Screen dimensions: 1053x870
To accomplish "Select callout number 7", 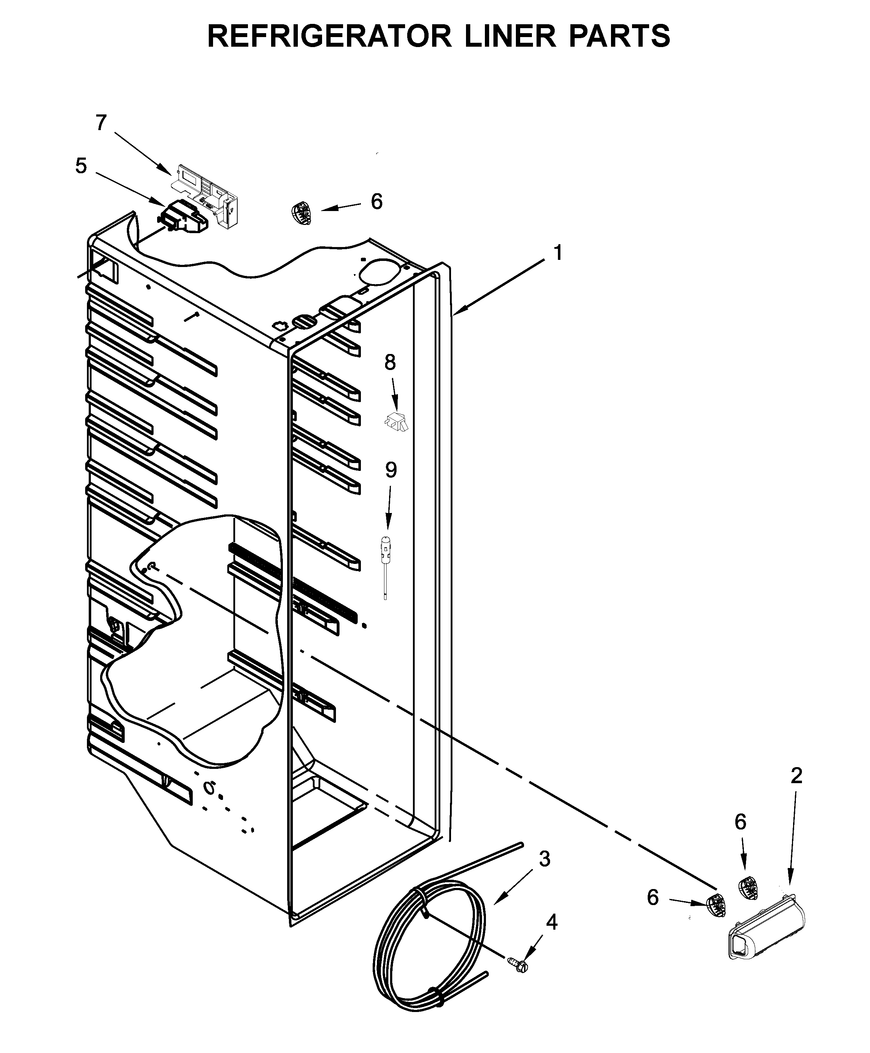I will pos(101,122).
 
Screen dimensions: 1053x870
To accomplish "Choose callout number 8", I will pos(390,362).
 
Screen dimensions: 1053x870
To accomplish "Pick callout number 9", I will pos(391,470).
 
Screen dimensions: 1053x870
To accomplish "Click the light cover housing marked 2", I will pos(767,928).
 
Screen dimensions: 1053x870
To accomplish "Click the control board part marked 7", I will pos(206,193).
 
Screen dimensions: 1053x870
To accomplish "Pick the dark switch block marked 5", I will pos(183,219).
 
